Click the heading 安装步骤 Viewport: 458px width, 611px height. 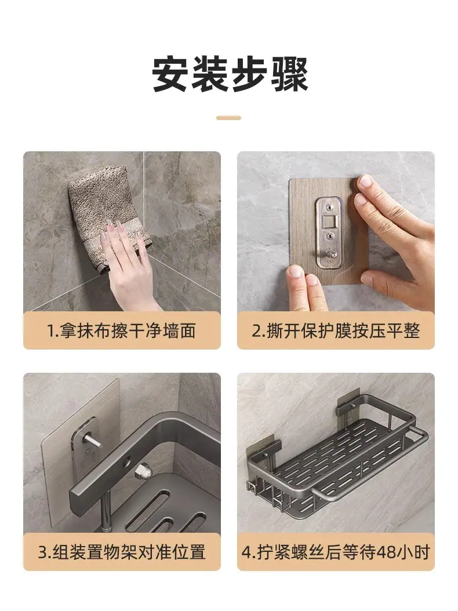pyautogui.click(x=230, y=74)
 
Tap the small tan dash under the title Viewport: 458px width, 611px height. pyautogui.click(x=229, y=118)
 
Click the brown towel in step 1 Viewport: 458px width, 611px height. pyautogui.click(x=108, y=216)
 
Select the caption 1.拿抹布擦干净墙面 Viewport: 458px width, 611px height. pyautogui.click(x=122, y=331)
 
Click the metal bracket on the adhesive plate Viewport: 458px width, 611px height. pyautogui.click(x=329, y=232)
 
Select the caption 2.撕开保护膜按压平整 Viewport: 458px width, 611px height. pyautogui.click(x=336, y=331)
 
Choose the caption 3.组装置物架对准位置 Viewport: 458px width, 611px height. pyautogui.click(x=122, y=552)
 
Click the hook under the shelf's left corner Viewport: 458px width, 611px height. pyautogui.click(x=252, y=486)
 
